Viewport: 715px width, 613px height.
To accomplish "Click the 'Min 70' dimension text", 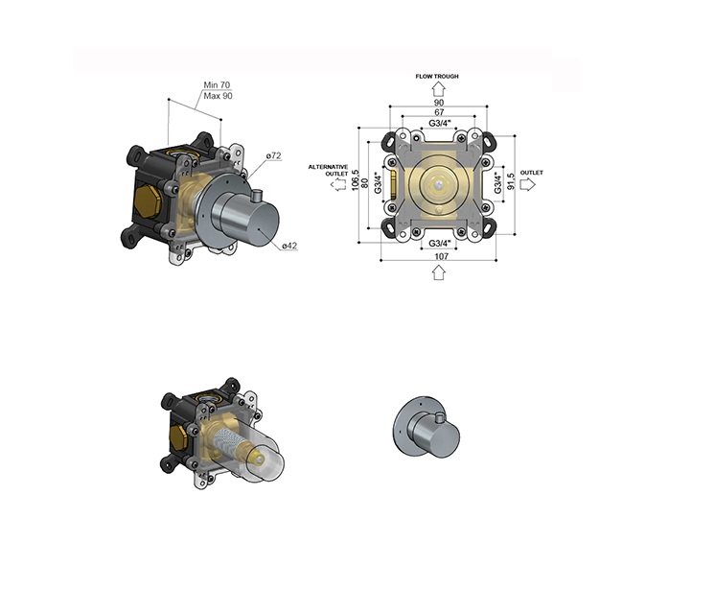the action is (x=217, y=84).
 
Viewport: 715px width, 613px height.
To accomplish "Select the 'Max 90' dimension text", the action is (x=218, y=96).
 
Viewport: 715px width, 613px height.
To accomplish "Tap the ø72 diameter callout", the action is (x=274, y=156).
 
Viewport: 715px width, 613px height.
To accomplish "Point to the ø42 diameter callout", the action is (x=289, y=246).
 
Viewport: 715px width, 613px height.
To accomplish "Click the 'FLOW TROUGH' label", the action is (x=437, y=76).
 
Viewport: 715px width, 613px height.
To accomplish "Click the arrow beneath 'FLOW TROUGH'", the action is (x=439, y=88).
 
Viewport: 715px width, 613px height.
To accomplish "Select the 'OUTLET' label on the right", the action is (x=532, y=173).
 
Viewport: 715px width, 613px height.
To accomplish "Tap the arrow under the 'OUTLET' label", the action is (x=527, y=184).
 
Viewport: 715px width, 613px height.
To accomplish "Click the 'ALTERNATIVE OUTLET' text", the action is (x=329, y=170).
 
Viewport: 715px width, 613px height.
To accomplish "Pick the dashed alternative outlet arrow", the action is (x=338, y=185).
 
